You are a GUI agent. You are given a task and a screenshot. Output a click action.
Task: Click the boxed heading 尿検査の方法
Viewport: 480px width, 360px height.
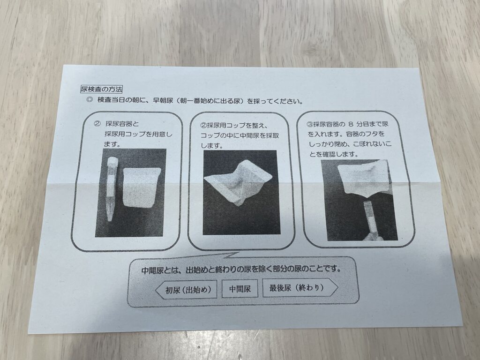click(x=101, y=89)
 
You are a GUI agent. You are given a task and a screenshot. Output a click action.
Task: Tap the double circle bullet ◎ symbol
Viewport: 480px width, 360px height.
click(x=90, y=99)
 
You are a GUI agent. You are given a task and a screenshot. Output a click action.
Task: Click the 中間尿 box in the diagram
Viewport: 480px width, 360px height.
click(x=240, y=289)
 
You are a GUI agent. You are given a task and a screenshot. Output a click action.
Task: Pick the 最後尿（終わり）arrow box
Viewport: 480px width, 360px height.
click(x=300, y=288)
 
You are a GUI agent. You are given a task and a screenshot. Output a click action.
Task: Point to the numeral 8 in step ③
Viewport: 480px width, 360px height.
click(x=351, y=124)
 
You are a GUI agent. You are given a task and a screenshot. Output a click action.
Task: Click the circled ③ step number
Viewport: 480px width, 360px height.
click(x=309, y=124)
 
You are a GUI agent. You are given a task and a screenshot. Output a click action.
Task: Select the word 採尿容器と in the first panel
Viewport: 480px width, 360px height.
click(x=122, y=124)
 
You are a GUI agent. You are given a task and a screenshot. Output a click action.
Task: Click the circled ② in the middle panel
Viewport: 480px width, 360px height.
click(x=203, y=126)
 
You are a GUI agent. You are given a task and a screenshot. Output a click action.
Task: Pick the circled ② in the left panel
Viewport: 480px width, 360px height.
click(x=97, y=124)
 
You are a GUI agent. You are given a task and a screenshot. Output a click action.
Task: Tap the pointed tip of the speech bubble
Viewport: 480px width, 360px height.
click(x=238, y=253)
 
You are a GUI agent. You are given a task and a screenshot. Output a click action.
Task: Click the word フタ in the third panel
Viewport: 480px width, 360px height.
click(x=371, y=134)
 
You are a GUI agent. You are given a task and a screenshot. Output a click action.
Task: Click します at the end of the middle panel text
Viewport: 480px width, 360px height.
click(x=211, y=146)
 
